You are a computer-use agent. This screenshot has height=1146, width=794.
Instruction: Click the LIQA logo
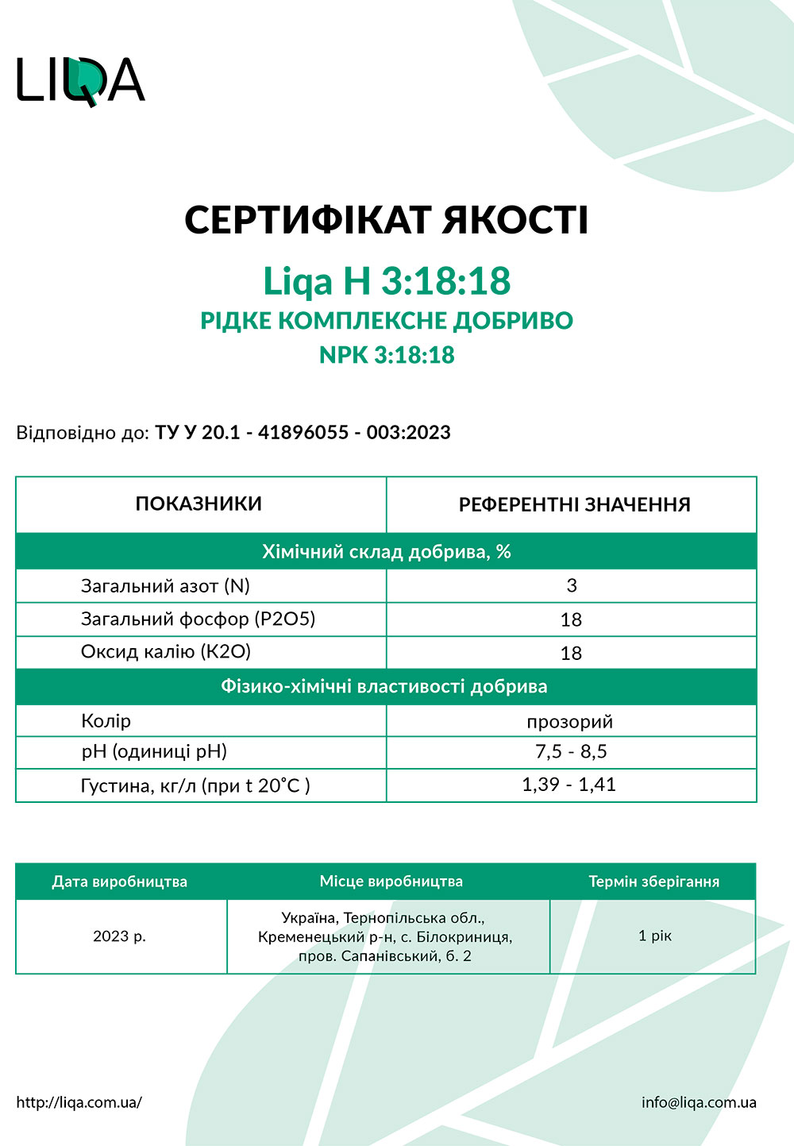click(x=81, y=80)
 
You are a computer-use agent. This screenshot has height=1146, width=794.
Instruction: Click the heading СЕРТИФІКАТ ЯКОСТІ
click(x=387, y=220)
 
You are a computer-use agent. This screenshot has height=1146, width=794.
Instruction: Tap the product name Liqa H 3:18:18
click(x=387, y=281)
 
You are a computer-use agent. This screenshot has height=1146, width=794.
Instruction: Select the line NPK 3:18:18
click(x=387, y=354)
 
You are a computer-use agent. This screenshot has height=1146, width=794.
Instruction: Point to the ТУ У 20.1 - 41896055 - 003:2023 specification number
click(x=303, y=433)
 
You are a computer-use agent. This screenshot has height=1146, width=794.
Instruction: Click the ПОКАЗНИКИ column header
click(x=198, y=504)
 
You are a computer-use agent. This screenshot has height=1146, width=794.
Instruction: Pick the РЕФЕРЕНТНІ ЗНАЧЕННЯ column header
click(x=574, y=504)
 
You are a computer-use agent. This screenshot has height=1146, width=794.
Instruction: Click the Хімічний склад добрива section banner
click(x=387, y=552)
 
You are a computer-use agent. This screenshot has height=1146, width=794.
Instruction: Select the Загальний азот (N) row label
click(x=165, y=586)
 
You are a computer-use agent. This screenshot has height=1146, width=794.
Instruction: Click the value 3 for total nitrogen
click(x=572, y=586)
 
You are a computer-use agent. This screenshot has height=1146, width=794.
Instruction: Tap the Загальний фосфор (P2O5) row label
click(x=198, y=619)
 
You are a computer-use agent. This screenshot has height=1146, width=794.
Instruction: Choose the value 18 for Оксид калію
click(x=571, y=653)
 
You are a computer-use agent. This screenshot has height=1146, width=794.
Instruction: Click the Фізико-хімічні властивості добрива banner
click(x=384, y=686)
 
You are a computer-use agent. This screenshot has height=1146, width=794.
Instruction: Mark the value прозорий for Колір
click(x=570, y=721)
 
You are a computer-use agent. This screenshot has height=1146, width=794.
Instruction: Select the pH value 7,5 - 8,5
click(x=571, y=751)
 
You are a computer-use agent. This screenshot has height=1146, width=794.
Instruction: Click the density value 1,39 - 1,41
click(x=569, y=785)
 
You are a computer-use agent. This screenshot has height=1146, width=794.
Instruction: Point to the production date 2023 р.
click(x=119, y=936)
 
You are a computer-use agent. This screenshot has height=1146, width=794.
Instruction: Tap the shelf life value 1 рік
click(x=655, y=936)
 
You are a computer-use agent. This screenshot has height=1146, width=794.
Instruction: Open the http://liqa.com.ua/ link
click(x=79, y=1102)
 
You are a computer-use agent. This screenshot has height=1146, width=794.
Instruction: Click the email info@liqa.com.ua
click(x=699, y=1102)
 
